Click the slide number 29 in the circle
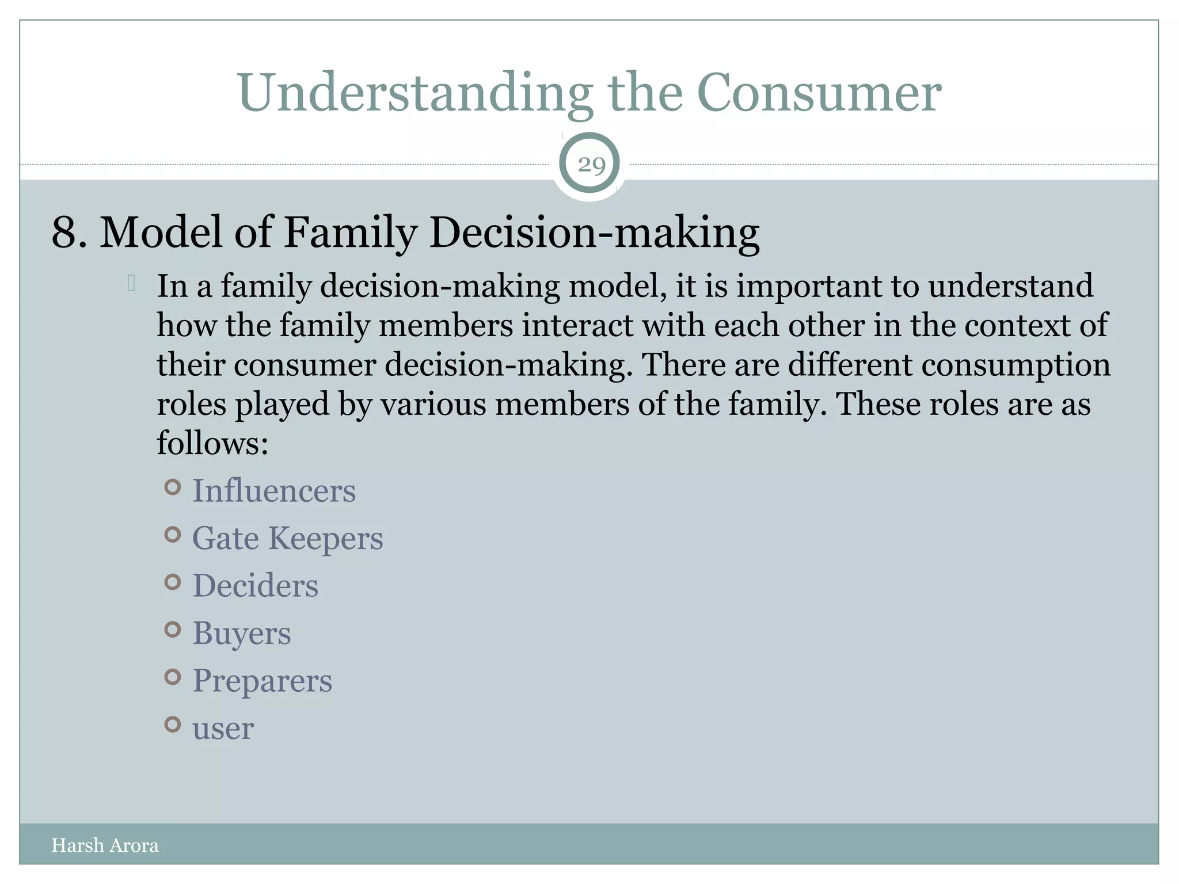tap(591, 165)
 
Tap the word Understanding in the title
tap(415, 93)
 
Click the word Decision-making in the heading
tap(594, 233)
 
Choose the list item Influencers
tap(274, 491)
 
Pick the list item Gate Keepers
tap(287, 539)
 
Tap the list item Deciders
tap(255, 586)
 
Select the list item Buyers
tap(242, 634)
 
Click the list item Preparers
tap(262, 681)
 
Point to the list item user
tap(223, 729)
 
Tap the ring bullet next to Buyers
tap(173, 630)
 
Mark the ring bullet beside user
tap(173, 724)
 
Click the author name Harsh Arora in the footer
tap(105, 845)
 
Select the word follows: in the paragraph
tap(212, 444)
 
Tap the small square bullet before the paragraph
tap(131, 283)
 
